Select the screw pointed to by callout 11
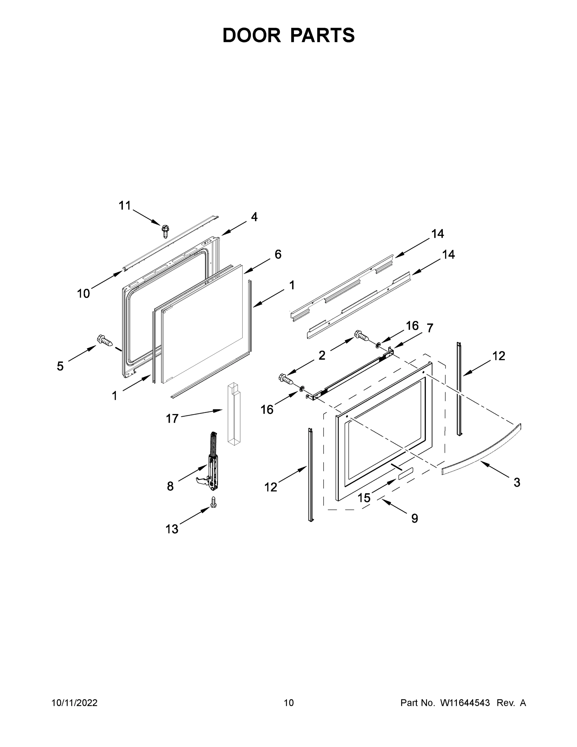pyautogui.click(x=166, y=231)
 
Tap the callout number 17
pyautogui.click(x=172, y=418)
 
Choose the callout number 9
pyautogui.click(x=415, y=519)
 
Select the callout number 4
pyautogui.click(x=254, y=217)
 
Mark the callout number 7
pyautogui.click(x=430, y=328)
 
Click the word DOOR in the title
pyautogui.click(x=252, y=35)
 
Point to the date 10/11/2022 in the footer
pyautogui.click(x=75, y=703)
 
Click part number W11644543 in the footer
pyautogui.click(x=465, y=703)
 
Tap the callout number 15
pyautogui.click(x=364, y=498)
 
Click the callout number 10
pyautogui.click(x=83, y=294)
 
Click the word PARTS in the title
pyautogui.click(x=322, y=35)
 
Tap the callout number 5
pyautogui.click(x=60, y=366)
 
